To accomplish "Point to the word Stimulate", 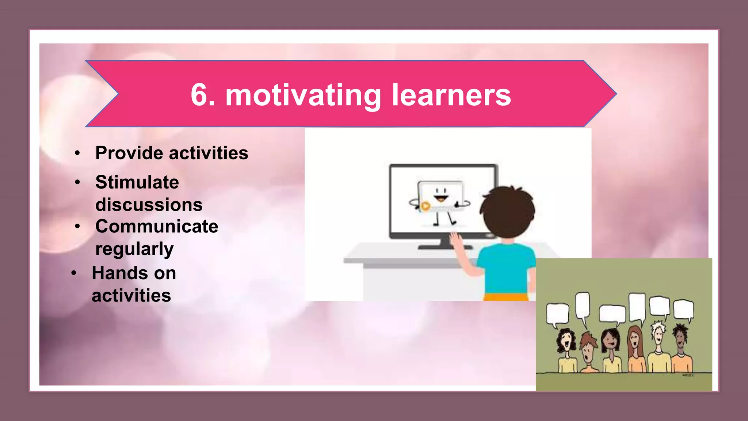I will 137,182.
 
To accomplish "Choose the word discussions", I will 149,205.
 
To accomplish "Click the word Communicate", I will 157,227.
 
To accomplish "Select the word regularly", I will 134,249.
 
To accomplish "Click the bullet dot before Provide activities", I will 77,153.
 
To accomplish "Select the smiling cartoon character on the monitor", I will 440,199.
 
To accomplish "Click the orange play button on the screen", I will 425,206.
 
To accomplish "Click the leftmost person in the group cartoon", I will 566,351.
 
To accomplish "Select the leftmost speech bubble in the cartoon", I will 557,314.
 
